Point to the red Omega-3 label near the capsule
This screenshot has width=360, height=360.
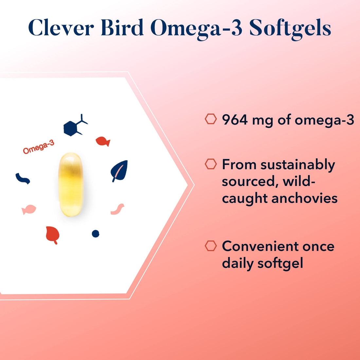[38, 146]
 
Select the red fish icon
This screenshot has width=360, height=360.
[103, 141]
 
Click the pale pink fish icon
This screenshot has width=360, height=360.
[29, 209]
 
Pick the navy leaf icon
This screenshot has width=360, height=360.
[119, 170]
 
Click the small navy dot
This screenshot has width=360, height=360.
[96, 234]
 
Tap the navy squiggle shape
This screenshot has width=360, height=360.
[23, 178]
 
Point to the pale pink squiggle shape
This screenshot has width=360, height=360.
[117, 209]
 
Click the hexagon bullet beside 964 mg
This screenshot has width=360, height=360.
[211, 119]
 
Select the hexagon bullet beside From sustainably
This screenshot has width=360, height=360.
[211, 164]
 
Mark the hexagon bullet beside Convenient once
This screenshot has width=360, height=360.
[211, 246]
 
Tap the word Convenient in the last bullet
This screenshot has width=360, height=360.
[260, 246]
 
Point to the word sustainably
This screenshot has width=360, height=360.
[297, 165]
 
